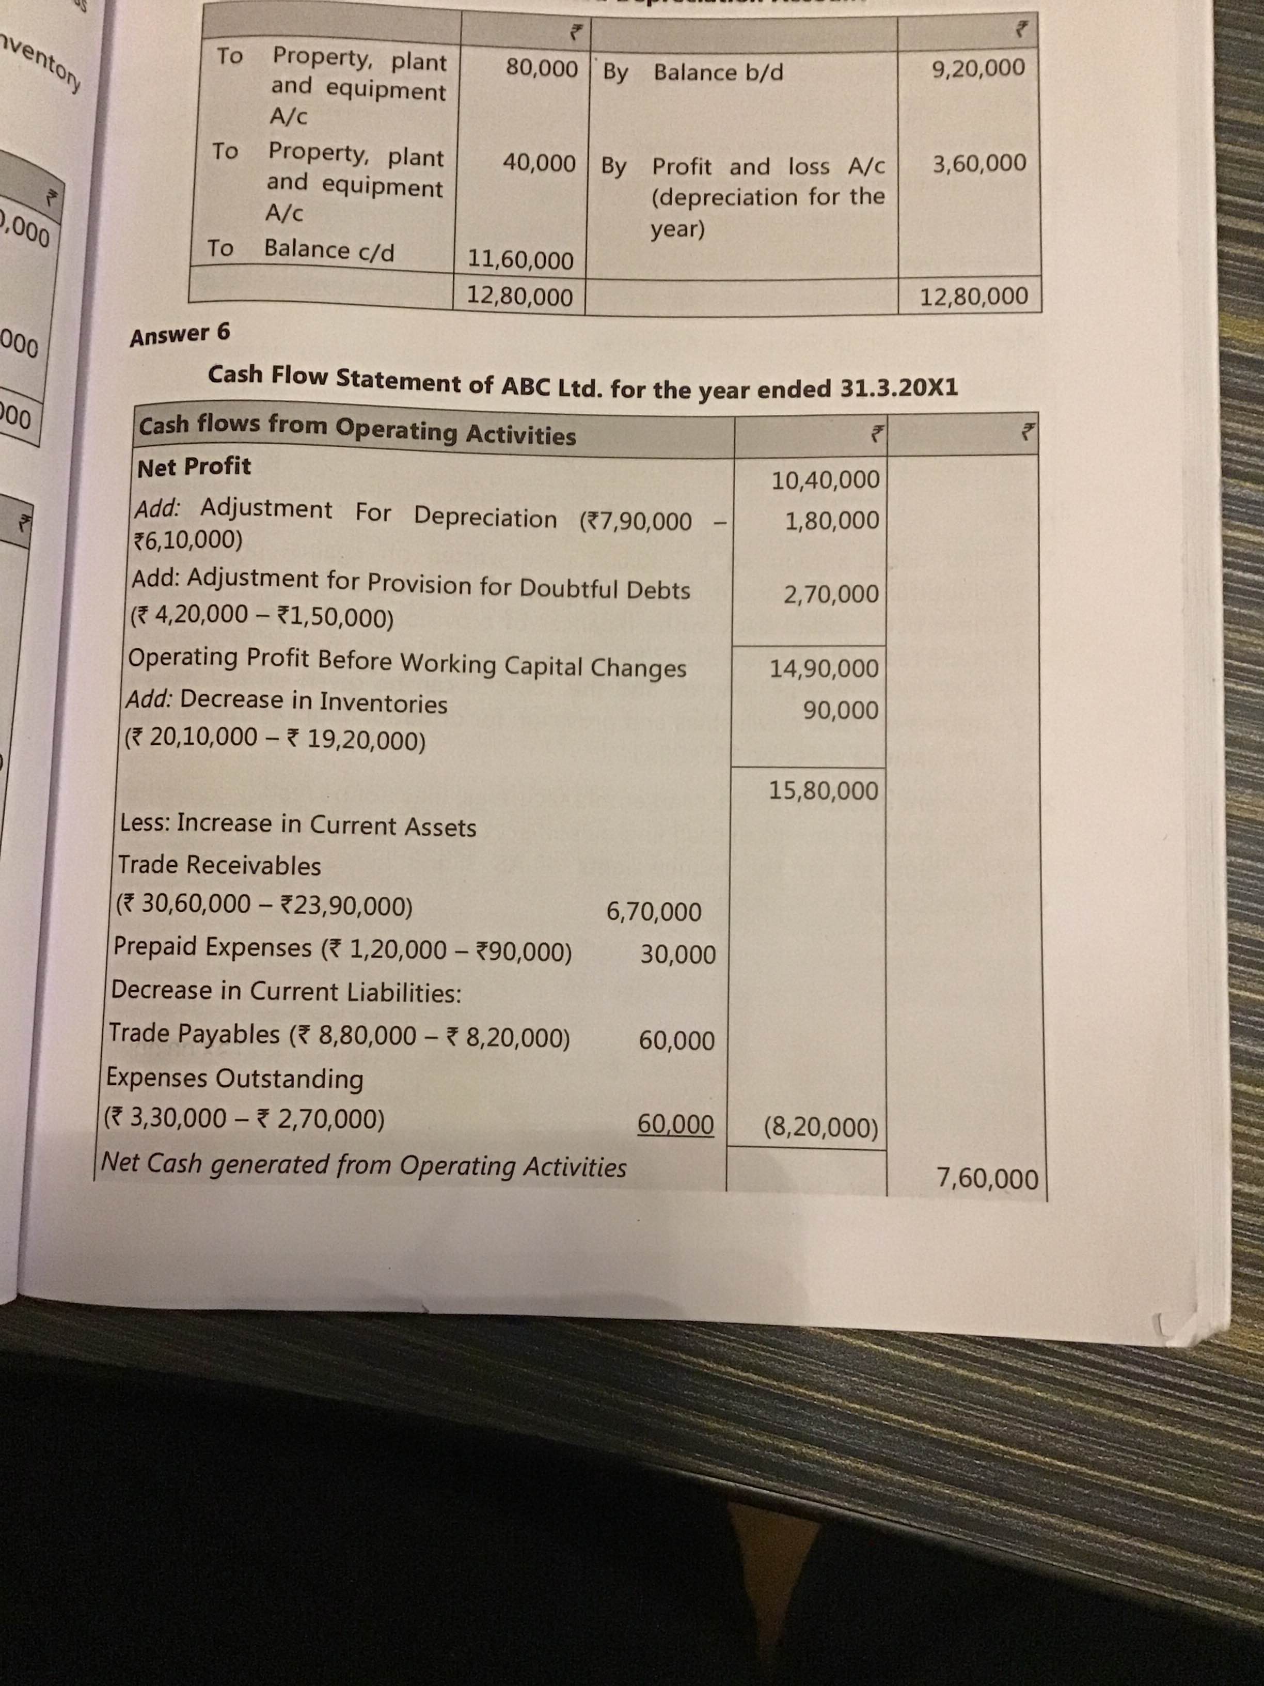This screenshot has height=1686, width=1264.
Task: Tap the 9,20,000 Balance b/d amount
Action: [x=978, y=68]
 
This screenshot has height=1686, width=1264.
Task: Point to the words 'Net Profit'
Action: [x=194, y=466]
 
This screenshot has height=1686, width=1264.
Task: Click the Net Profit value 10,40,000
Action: [x=825, y=480]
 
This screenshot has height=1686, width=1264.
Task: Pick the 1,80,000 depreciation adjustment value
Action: [x=832, y=521]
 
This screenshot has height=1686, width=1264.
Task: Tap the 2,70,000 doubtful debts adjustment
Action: [x=831, y=594]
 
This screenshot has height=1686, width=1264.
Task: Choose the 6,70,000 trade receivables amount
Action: [x=654, y=912]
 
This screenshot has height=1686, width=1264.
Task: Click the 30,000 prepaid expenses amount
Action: [x=677, y=954]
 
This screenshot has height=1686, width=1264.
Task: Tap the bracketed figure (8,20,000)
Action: [x=820, y=1127]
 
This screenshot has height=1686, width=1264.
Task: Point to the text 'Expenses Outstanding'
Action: [x=234, y=1079]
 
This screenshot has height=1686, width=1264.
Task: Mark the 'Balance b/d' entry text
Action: [x=718, y=72]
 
